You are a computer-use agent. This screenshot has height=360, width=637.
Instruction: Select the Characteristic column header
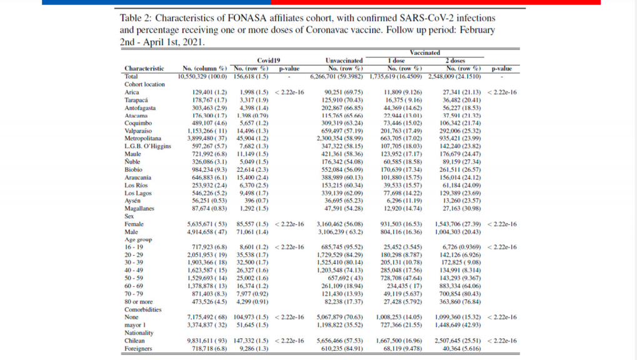coord(144,68)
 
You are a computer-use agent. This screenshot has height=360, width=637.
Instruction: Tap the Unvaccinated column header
coord(344,61)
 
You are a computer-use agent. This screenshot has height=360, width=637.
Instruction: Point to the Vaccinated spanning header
coord(425,53)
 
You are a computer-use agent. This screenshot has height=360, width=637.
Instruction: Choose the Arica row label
coord(132,92)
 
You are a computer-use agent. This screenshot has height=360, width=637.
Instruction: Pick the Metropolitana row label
coord(143,138)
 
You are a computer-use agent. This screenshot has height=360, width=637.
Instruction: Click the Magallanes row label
coord(140,209)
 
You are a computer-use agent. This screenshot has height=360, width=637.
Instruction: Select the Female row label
coord(134,224)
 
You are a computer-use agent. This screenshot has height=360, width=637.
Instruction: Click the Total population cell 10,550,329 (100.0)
coord(204,76)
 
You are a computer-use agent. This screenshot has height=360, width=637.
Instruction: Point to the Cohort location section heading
coord(145,84)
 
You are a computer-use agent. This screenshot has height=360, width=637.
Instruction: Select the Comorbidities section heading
coord(143,309)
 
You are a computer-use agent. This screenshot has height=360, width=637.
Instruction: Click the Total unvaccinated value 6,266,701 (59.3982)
coord(345,76)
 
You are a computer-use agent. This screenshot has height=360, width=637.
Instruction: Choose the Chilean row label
coord(135,341)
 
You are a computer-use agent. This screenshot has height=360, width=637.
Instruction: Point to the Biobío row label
coord(134,169)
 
